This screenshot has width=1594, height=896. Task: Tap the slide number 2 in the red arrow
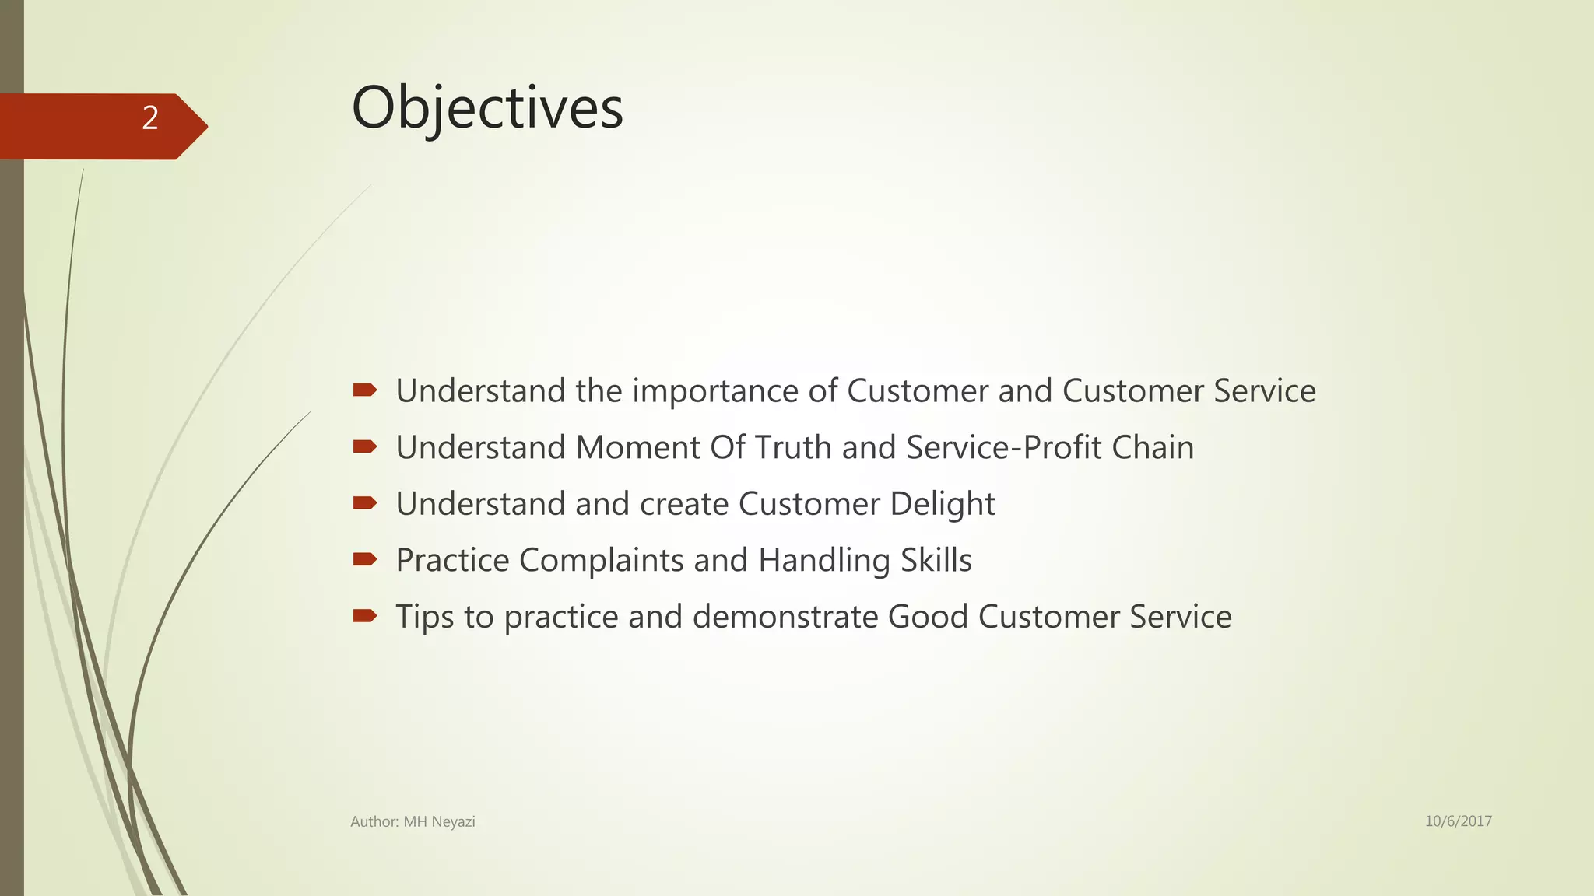coord(150,118)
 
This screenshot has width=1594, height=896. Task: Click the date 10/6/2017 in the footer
coord(1458,821)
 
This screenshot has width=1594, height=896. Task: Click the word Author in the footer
coord(374,822)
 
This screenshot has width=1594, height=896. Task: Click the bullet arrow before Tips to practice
coord(364,616)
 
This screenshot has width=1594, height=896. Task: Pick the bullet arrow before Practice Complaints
coord(364,559)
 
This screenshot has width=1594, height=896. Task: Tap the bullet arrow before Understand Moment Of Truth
coord(364,446)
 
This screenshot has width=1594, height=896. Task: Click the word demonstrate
coord(785,617)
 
